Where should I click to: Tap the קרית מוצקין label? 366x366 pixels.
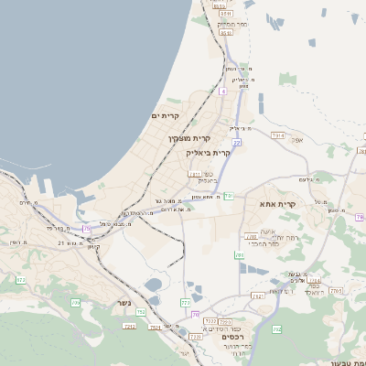(x=188, y=138)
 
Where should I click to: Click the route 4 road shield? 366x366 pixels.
(x=222, y=91)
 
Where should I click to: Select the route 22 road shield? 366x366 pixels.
(x=236, y=143)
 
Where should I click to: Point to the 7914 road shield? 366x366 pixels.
(x=277, y=135)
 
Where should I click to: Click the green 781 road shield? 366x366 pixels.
(x=229, y=195)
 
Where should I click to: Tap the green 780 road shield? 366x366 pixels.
(x=239, y=255)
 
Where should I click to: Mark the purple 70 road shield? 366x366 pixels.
(x=195, y=315)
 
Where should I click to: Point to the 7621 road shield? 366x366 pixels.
(x=156, y=327)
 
